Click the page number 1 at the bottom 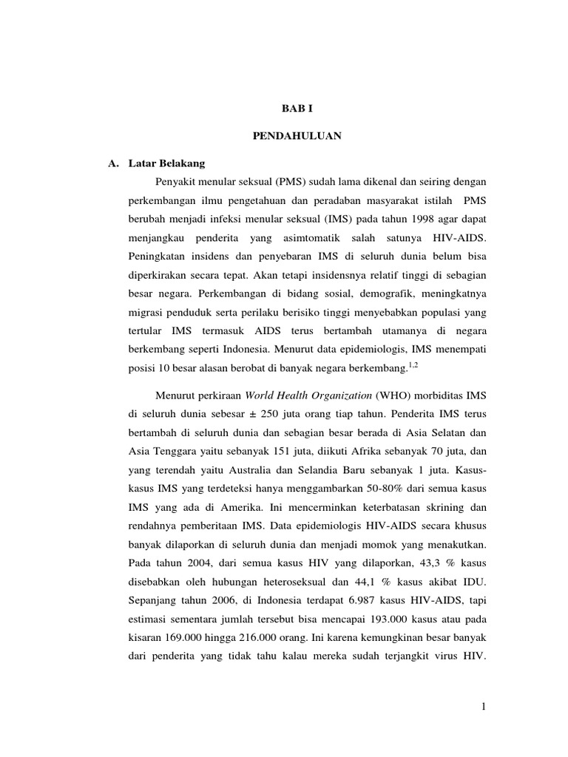coord(483,708)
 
